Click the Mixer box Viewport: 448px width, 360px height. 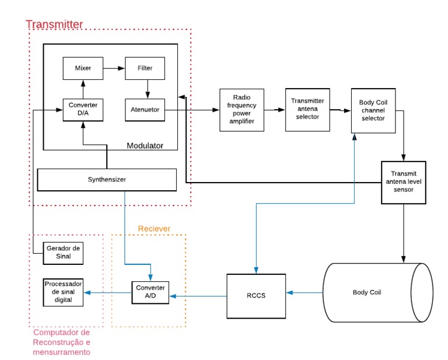(83, 68)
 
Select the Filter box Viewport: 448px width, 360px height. (145, 68)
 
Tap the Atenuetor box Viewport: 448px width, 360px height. (145, 109)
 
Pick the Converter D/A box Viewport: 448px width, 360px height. (83, 109)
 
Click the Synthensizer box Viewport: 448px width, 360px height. (107, 179)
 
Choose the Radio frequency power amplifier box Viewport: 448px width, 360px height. (242, 109)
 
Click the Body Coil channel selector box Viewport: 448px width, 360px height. (373, 110)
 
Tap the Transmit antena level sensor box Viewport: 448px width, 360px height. (404, 181)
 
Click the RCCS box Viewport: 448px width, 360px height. (256, 295)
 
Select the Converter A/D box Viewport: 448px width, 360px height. (150, 292)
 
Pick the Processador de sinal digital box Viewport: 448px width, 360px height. (64, 292)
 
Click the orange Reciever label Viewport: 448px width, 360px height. (154, 229)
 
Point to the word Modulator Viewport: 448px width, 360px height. (145, 145)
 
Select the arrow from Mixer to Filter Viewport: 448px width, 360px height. (114, 68)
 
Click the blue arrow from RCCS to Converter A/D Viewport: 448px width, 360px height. (198, 296)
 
